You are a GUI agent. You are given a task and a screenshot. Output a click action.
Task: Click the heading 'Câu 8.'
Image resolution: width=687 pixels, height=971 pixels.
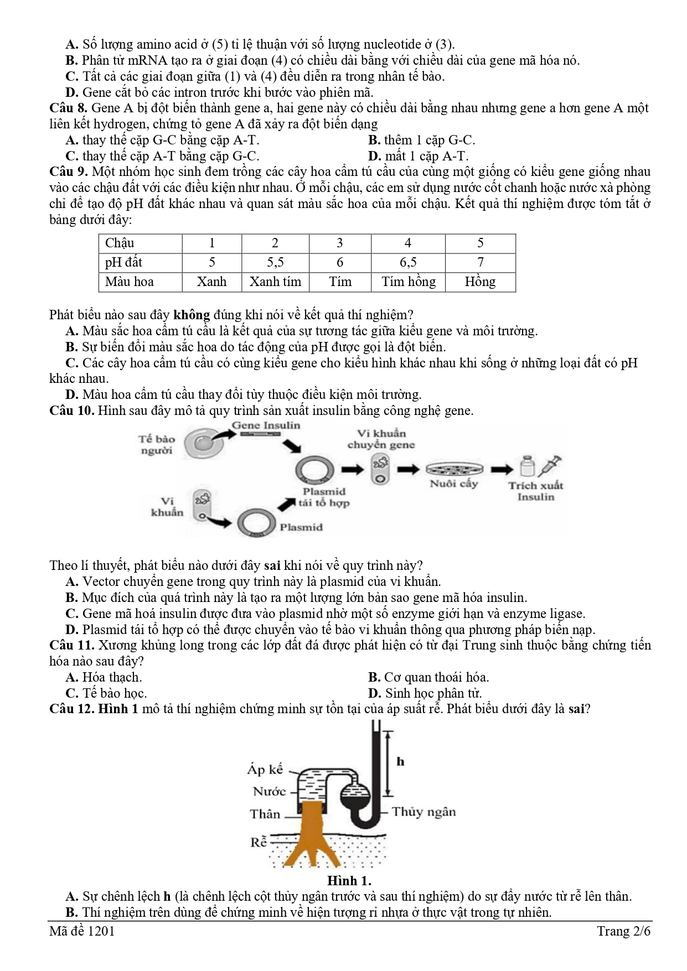tap(69, 108)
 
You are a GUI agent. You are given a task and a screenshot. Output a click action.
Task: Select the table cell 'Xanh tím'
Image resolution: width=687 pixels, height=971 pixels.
tap(275, 282)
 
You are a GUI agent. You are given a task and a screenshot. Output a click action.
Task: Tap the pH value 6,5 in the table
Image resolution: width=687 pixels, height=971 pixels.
tap(408, 262)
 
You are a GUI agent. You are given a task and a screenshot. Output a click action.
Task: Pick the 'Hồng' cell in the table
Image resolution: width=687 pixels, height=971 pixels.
tap(480, 282)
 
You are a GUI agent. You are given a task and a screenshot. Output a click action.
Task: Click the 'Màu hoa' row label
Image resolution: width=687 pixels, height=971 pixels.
tap(130, 282)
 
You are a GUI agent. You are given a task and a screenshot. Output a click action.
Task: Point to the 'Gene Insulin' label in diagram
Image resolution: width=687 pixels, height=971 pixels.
tap(266, 425)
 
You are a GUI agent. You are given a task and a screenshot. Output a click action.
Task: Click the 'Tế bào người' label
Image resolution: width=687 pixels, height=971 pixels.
tap(157, 444)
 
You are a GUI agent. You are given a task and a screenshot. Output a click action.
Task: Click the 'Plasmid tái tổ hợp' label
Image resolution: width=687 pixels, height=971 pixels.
tap(324, 497)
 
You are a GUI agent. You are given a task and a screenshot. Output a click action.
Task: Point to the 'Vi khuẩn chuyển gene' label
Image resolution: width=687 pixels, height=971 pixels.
tap(381, 439)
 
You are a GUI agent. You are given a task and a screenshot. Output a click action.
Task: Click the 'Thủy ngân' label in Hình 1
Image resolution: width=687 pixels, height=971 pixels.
tap(424, 812)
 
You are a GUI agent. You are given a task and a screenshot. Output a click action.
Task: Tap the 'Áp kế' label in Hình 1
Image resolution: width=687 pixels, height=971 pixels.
tap(265, 769)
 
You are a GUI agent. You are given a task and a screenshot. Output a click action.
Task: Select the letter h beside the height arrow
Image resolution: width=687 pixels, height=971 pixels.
tap(401, 761)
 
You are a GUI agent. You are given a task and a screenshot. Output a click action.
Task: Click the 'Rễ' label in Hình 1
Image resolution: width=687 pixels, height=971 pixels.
tap(259, 842)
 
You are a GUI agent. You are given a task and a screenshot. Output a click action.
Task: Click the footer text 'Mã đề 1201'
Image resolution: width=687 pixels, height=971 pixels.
tap(82, 931)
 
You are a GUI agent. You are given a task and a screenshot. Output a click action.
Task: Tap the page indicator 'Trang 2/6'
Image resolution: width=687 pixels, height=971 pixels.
tap(623, 931)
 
